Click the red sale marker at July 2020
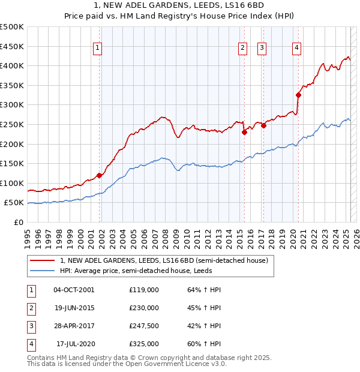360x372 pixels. tap(298, 95)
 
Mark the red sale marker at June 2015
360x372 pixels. tap(244, 132)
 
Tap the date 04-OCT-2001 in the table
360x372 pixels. tap(74, 290)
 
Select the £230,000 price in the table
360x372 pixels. tap(144, 308)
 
